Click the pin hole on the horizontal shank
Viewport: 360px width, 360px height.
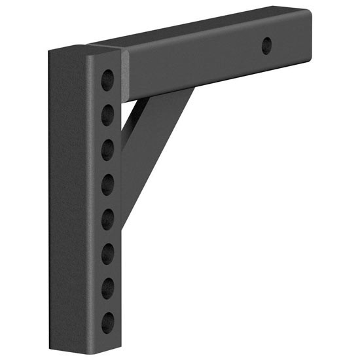coord(266,45)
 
